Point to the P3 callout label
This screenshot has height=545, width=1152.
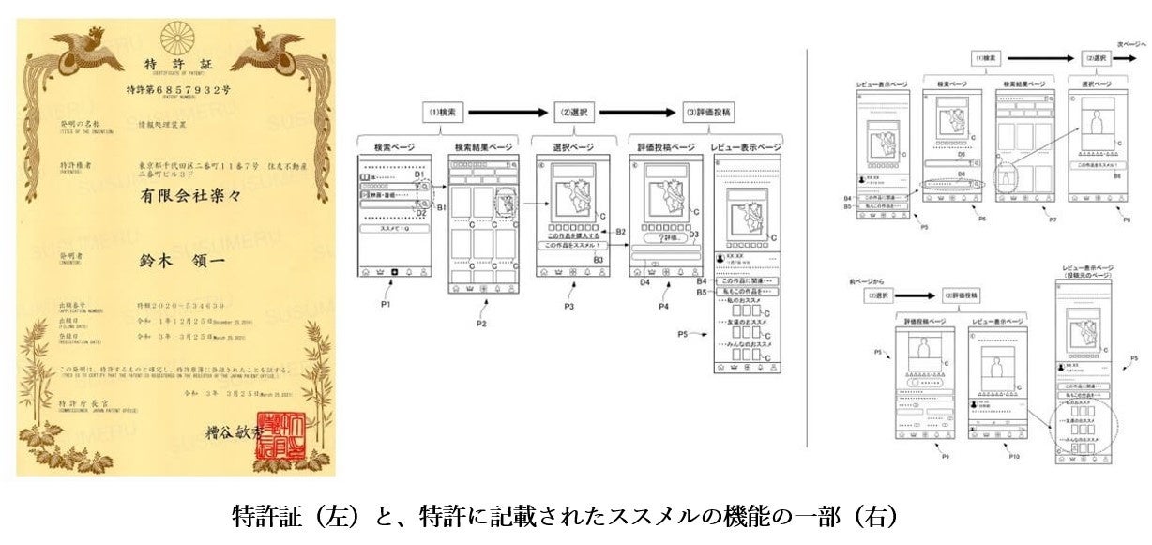pyautogui.click(x=569, y=306)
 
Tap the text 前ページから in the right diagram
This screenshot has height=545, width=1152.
pyautogui.click(x=861, y=280)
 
